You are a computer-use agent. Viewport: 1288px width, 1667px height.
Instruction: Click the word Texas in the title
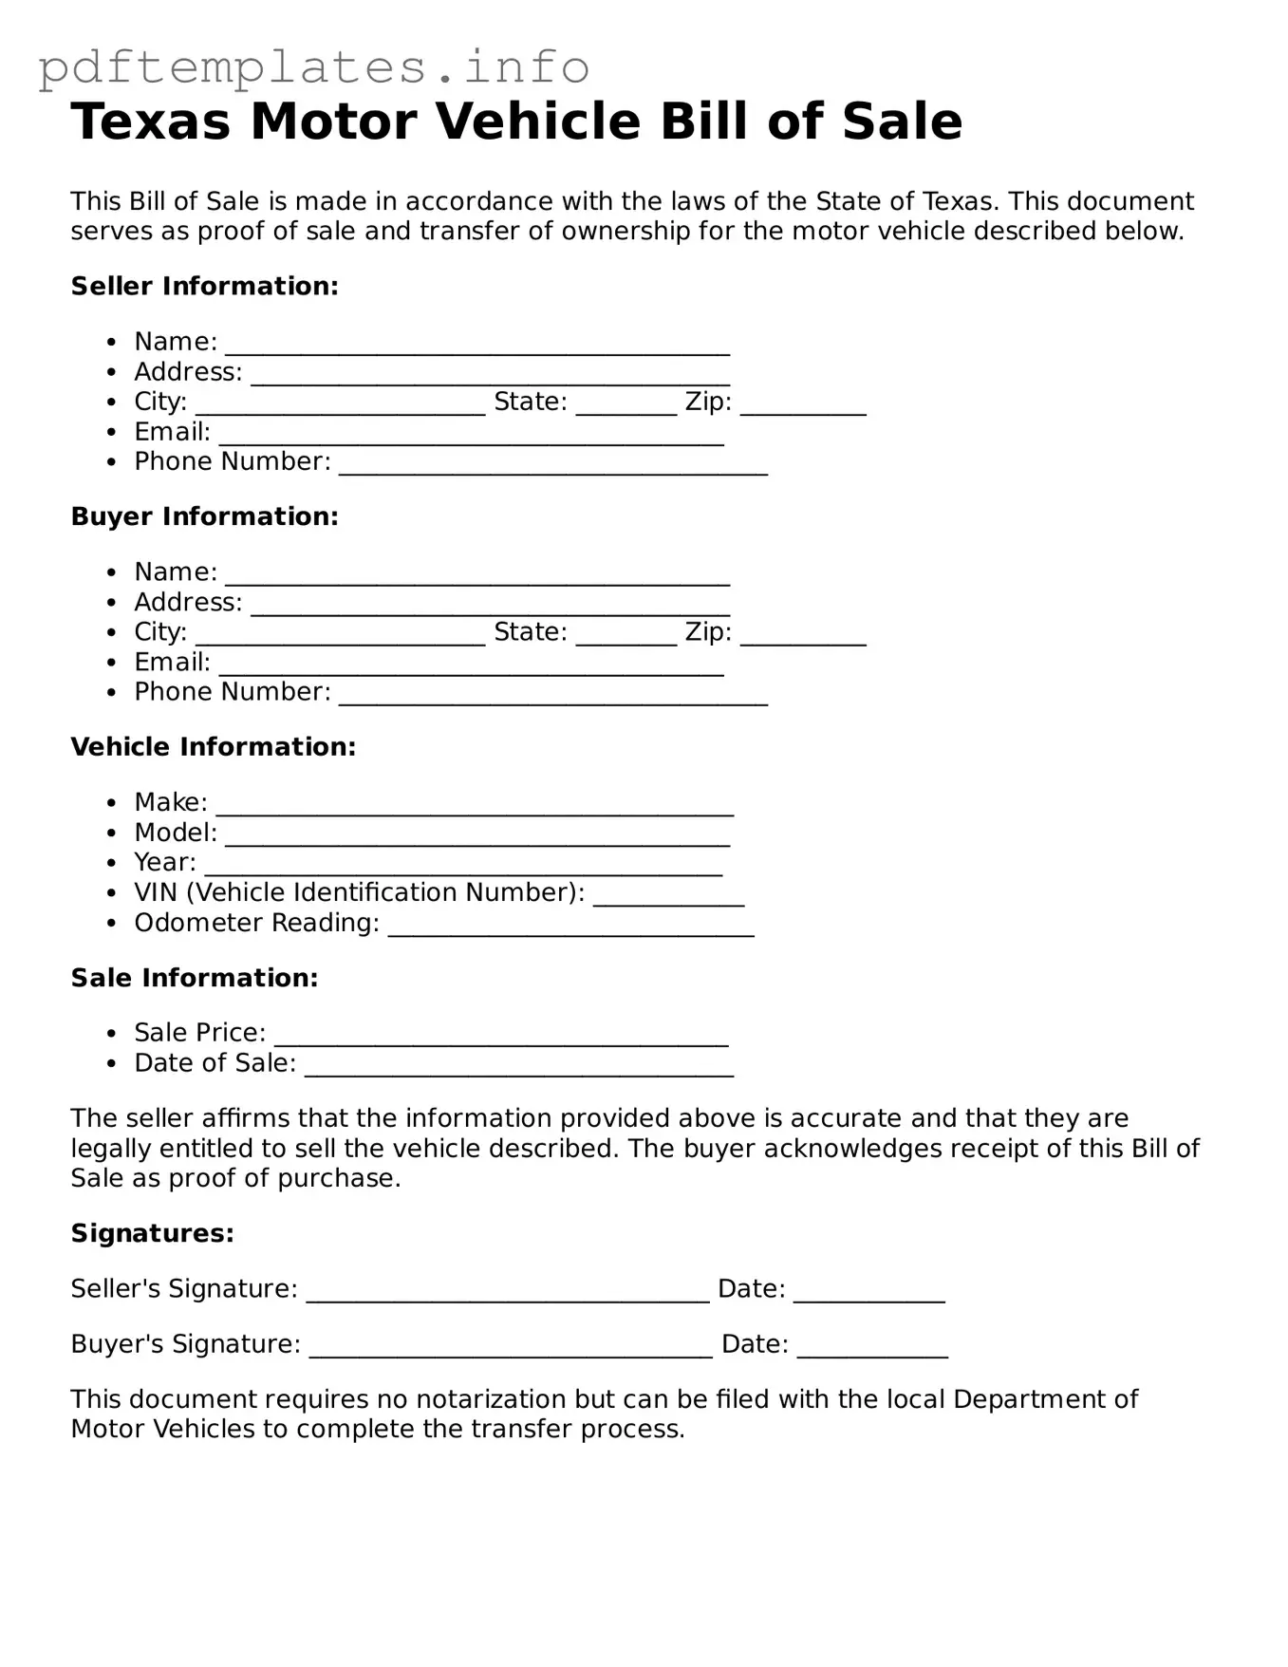tap(150, 122)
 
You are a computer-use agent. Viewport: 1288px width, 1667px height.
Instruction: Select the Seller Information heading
tap(204, 286)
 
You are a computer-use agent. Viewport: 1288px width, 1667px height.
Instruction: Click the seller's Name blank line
tap(476, 346)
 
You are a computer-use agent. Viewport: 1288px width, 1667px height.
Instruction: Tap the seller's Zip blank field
tap(802, 405)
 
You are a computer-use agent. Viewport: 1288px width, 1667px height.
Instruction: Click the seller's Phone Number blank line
tap(552, 465)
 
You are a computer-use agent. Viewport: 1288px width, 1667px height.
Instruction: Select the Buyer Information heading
tap(204, 516)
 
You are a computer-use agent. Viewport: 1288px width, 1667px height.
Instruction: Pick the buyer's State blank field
tap(625, 636)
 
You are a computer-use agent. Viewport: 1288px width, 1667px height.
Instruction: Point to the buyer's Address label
tap(188, 602)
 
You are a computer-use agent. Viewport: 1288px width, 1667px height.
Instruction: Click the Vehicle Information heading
tap(213, 747)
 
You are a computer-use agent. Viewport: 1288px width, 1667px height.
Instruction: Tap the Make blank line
tap(475, 806)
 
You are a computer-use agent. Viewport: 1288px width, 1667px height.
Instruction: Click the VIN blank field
tap(668, 896)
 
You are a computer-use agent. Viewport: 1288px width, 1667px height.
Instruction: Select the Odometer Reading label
tap(256, 923)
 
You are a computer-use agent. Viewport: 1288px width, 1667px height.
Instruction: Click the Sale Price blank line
tap(500, 1037)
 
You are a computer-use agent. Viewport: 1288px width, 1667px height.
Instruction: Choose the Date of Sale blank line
tap(518, 1067)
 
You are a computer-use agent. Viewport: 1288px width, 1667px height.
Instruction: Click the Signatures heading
tap(152, 1233)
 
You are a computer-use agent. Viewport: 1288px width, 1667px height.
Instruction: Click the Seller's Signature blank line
tap(507, 1293)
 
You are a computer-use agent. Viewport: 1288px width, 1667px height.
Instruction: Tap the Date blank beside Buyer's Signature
tap(871, 1348)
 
